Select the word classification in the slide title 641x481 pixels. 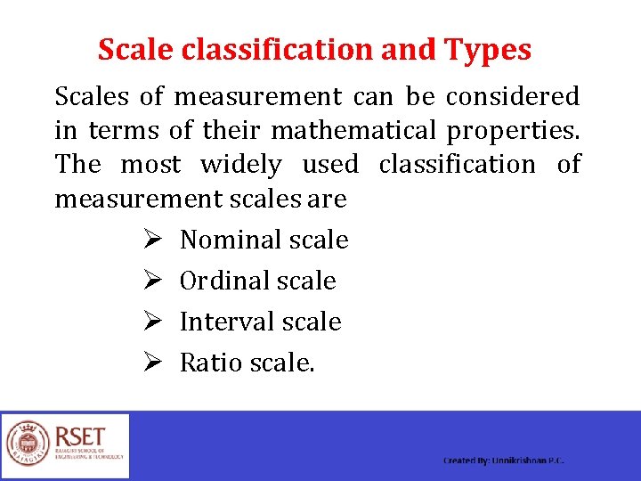coord(277,50)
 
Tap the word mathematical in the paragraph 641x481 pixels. coord(353,131)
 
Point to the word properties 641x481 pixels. coord(513,131)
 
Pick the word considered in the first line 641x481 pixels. coord(512,96)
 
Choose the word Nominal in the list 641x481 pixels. coord(223,240)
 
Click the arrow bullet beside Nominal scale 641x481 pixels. coord(150,240)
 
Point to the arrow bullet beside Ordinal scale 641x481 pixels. coord(150,281)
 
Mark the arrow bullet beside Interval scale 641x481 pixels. coord(150,322)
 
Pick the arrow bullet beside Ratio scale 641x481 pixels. coord(150,363)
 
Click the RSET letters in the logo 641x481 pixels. coord(80,436)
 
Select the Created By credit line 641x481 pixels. coord(504,461)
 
